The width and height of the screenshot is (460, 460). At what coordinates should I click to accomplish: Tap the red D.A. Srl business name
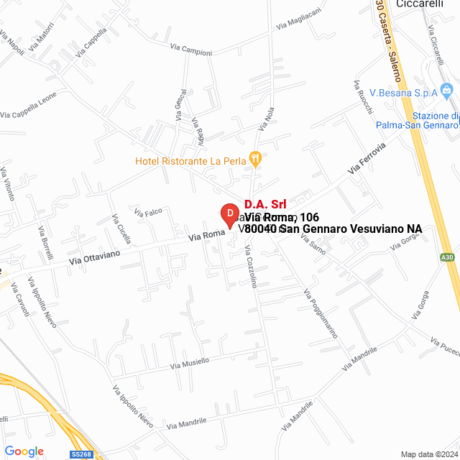[x=265, y=204]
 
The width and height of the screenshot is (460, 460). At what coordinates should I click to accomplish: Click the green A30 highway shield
[x=447, y=257]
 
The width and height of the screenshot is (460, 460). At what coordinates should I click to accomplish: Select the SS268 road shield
[x=82, y=454]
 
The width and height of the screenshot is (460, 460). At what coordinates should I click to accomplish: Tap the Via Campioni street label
[x=191, y=50]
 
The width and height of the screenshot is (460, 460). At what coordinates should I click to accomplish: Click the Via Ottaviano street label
[x=95, y=257]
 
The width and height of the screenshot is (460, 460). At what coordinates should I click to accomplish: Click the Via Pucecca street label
[x=443, y=346]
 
